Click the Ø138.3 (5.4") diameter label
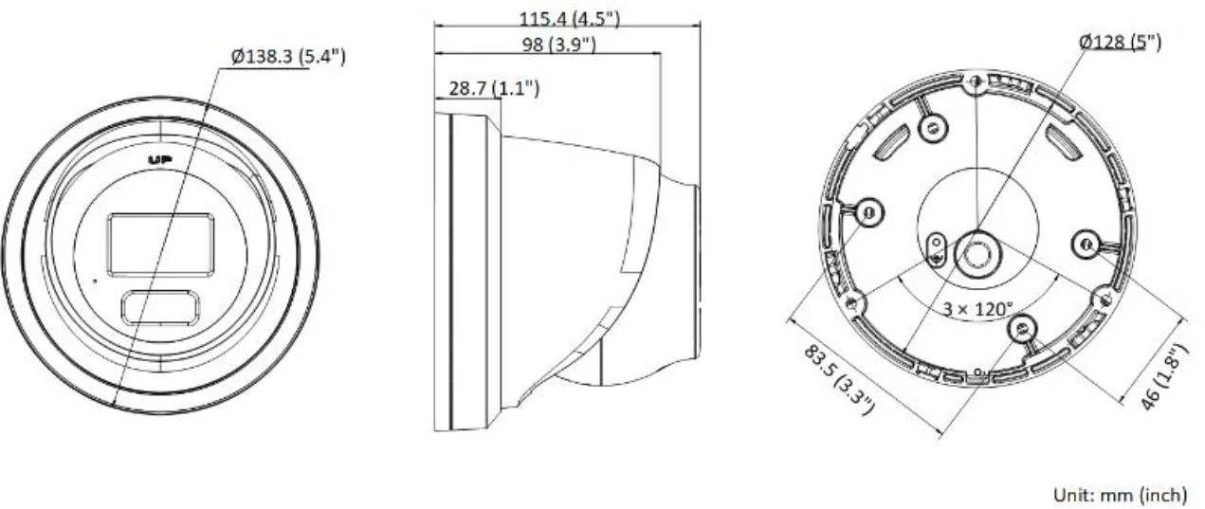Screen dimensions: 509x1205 [288, 57]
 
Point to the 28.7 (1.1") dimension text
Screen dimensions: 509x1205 [494, 88]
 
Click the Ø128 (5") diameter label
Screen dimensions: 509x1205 [1120, 41]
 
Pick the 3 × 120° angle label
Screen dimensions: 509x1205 [977, 309]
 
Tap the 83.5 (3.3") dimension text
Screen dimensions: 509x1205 [839, 379]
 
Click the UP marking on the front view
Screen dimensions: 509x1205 [159, 159]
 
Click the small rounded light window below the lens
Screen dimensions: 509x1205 [159, 306]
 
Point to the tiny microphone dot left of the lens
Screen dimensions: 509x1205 [94, 281]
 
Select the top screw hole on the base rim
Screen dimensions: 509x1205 [975, 85]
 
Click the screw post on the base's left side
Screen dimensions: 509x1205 [867, 214]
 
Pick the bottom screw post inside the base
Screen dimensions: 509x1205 [1019, 329]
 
